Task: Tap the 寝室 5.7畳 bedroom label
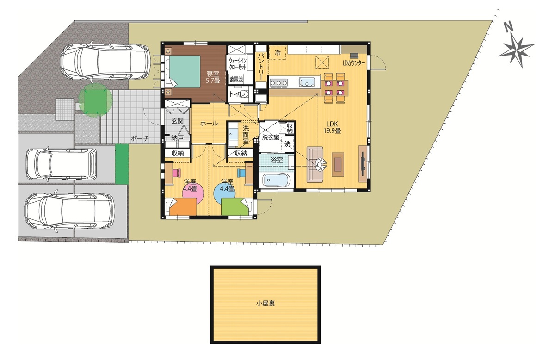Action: pyautogui.click(x=213, y=77)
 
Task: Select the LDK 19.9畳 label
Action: pyautogui.click(x=332, y=127)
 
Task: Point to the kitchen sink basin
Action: pyautogui.click(x=307, y=82)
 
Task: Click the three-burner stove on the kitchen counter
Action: pyautogui.click(x=278, y=83)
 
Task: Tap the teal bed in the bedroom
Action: pyautogui.click(x=185, y=71)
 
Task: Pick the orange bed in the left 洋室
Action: pyautogui.click(x=183, y=206)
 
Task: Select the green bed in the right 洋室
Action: pyautogui.click(x=235, y=206)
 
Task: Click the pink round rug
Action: pyautogui.click(x=193, y=191)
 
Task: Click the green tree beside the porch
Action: pyautogui.click(x=95, y=100)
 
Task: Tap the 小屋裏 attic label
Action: pyautogui.click(x=265, y=304)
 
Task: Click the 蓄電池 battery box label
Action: pyautogui.click(x=236, y=80)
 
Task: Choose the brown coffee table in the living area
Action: pyautogui.click(x=338, y=164)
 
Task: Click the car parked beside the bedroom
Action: pyautogui.click(x=105, y=62)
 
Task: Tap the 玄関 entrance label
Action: pyautogui.click(x=178, y=121)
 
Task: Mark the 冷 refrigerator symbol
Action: pyautogui.click(x=278, y=52)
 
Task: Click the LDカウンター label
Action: pyautogui.click(x=354, y=63)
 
